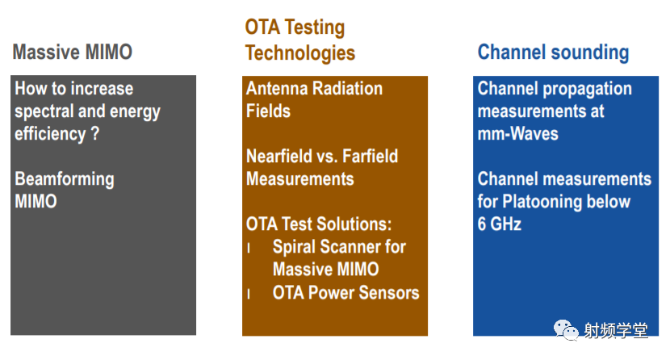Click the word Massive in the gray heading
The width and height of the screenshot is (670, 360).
(x=46, y=52)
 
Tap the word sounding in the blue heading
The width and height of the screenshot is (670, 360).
(x=590, y=52)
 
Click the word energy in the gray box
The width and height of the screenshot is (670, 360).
(x=135, y=112)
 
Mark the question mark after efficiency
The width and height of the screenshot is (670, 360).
(x=95, y=134)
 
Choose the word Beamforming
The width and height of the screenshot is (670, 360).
(x=65, y=179)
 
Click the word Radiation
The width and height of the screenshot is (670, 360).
(x=347, y=89)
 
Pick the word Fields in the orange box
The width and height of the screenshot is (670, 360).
(x=268, y=111)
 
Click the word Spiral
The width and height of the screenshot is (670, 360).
(x=294, y=247)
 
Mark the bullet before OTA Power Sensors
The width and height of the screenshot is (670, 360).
(x=249, y=294)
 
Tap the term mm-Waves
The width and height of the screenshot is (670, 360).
(x=518, y=134)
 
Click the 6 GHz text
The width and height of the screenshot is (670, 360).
(x=499, y=224)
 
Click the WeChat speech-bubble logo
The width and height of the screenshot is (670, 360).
(x=566, y=329)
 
